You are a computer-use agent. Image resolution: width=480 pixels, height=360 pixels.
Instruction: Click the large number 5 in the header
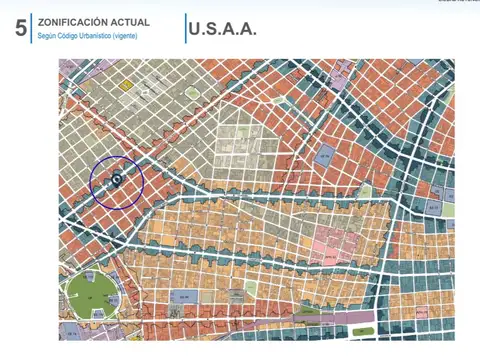click(21, 29)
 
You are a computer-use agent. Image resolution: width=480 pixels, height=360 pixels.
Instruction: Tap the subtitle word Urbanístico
click(100, 36)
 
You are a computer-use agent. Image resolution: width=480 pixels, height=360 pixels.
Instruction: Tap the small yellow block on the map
click(127, 86)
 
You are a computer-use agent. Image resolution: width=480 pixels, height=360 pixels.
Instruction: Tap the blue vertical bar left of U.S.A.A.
click(186, 29)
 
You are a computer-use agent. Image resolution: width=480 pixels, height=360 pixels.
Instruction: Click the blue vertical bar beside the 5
click(33, 29)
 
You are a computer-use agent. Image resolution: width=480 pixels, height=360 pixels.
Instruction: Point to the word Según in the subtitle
click(48, 36)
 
